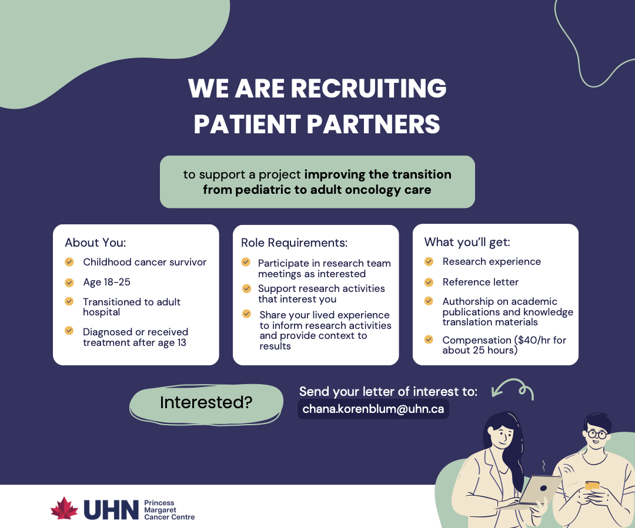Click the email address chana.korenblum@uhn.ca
373,409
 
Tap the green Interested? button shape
206,403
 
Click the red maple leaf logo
64,509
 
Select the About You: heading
95,243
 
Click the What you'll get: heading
467,242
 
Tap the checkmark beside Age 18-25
69,283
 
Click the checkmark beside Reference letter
429,282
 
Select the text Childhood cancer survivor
145,262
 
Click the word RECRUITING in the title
369,89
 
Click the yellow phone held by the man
592,485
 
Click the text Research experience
492,261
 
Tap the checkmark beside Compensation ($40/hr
429,339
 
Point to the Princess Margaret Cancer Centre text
169,510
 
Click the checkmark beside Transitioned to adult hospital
69,301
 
